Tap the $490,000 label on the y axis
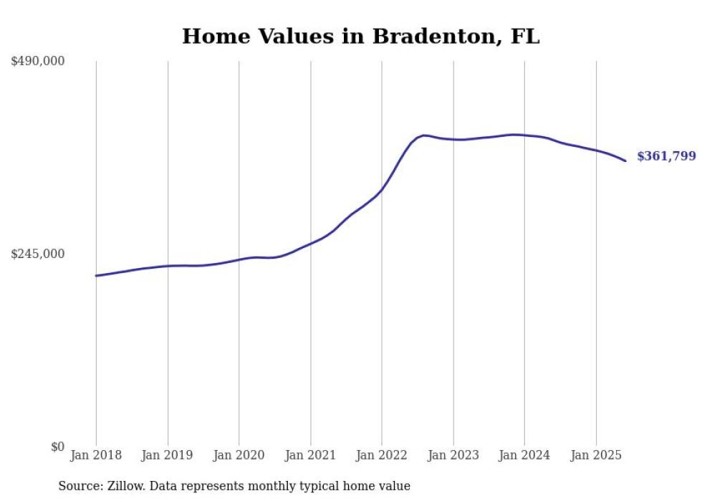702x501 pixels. pos(37,62)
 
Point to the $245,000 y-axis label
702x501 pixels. pos(37,254)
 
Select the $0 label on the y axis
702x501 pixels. pos(57,447)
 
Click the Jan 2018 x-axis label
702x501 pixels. pos(96,455)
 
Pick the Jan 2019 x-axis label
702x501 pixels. pos(168,455)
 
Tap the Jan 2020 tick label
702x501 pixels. pos(239,455)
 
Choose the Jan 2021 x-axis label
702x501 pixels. pos(310,455)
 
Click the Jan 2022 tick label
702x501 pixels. pos(382,455)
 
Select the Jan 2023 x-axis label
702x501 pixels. pos(453,455)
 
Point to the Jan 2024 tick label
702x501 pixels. pos(524,455)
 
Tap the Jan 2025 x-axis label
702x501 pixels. pos(595,455)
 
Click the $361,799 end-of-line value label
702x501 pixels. pos(666,156)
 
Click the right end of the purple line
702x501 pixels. pos(625,161)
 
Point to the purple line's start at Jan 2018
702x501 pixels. pos(96,275)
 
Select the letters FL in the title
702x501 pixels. pos(525,36)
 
